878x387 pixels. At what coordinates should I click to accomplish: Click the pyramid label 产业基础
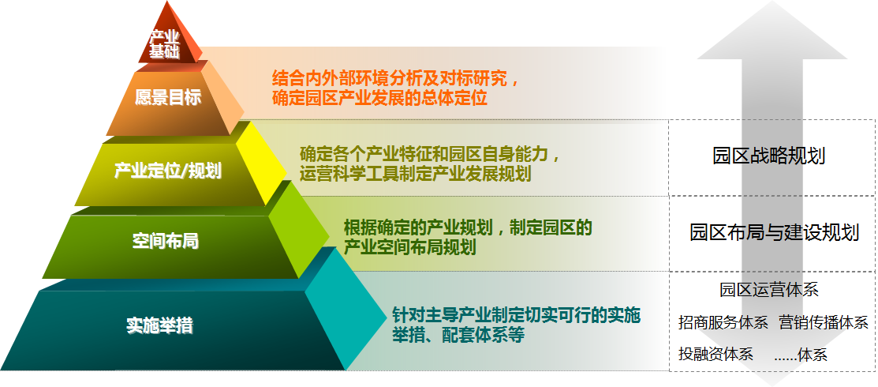point(164,44)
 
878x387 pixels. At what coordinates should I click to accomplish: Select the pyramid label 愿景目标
point(168,97)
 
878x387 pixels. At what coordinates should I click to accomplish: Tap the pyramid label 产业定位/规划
point(168,170)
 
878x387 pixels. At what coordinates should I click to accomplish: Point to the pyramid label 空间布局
point(166,241)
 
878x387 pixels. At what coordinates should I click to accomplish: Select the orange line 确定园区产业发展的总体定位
point(379,98)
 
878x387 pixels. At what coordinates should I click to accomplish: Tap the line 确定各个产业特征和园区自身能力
point(429,153)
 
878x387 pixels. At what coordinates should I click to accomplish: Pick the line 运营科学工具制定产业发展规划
point(416,173)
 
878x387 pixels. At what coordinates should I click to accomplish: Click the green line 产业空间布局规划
point(410,247)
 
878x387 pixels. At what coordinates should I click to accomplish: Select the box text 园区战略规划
point(769,156)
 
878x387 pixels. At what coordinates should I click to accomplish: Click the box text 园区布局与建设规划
point(775,231)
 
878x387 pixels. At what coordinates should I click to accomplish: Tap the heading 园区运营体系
point(769,290)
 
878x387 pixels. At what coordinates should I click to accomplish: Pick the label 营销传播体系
point(823,322)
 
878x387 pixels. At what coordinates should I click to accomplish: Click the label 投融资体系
point(715,354)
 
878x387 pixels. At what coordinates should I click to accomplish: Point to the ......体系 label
point(801,355)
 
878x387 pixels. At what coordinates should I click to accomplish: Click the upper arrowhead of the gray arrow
point(772,31)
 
